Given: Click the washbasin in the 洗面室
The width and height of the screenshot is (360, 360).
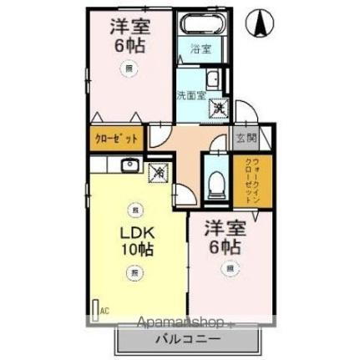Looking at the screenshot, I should click(x=213, y=80).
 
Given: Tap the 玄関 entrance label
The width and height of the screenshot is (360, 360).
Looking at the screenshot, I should click(x=245, y=139).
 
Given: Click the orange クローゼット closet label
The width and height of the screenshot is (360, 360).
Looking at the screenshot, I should click(x=116, y=138).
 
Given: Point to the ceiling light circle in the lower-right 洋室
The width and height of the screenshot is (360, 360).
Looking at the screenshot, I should click(x=227, y=268).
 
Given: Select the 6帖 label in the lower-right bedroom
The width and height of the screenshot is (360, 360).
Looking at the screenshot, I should click(x=226, y=247).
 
